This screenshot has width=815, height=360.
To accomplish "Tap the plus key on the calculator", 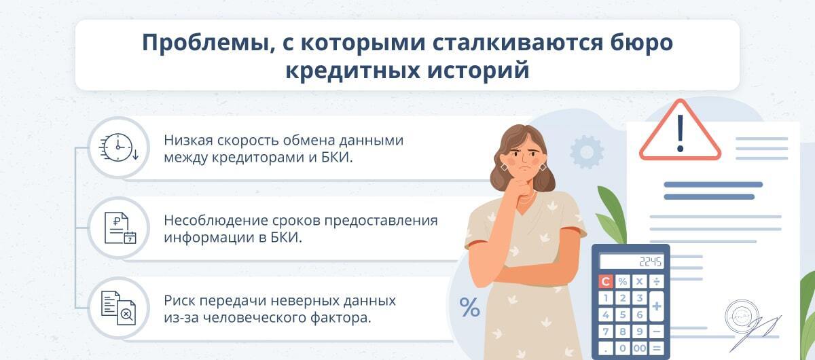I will tap(656, 306).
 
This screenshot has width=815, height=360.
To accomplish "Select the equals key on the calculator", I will tap(656, 348).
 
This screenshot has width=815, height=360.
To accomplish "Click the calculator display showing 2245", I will tap(632, 262).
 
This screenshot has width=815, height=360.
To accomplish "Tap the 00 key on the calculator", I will tap(639, 348).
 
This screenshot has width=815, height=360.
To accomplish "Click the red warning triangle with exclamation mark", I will tap(680, 132).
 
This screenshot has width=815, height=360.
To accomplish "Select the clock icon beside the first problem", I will tap(118, 146).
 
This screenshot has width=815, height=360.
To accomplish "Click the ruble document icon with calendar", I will tap(119, 228).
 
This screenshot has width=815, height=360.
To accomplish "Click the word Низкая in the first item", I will tap(187, 141).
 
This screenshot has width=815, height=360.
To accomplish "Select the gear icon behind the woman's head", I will tap(587, 152).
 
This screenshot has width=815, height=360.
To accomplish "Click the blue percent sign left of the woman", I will tap(469, 307).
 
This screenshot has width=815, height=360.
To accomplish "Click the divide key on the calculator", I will tap(656, 281).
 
